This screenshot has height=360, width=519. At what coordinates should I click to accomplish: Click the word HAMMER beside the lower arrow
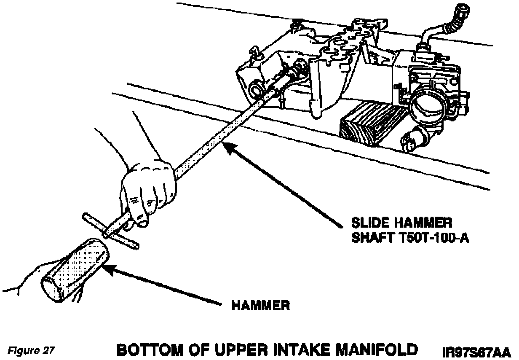(x=261, y=305)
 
